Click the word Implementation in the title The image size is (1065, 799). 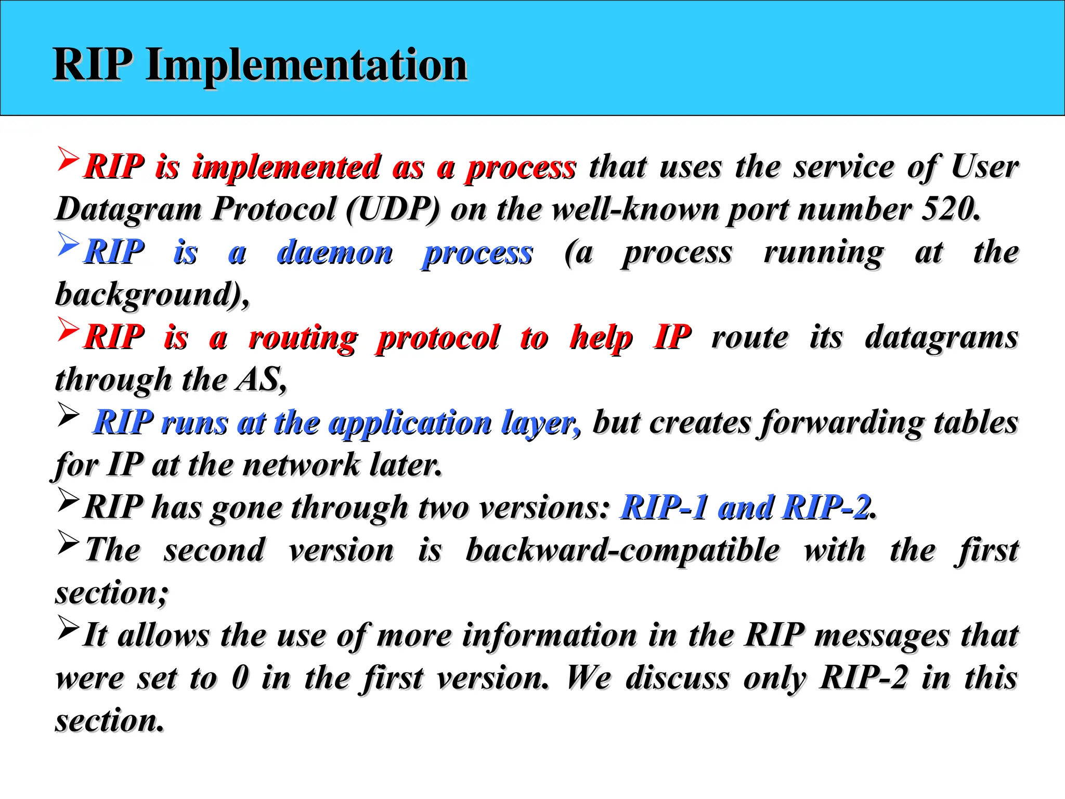306,65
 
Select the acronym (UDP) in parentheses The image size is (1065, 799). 393,209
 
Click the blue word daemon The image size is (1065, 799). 335,253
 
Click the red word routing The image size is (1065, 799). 303,338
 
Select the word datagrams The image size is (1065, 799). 941,338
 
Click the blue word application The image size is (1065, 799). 410,422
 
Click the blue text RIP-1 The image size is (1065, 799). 664,507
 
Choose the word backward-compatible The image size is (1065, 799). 622,550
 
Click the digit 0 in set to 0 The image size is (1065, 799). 240,678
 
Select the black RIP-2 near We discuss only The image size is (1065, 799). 864,678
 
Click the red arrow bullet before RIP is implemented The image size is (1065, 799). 68,159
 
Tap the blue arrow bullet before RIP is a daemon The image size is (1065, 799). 68,244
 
